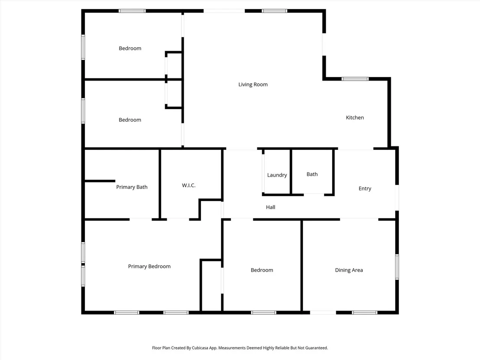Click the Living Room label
pyautogui.click(x=253, y=84)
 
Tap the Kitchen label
pyautogui.click(x=355, y=117)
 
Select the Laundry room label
pyautogui.click(x=277, y=175)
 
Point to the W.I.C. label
pyautogui.click(x=188, y=185)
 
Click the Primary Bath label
pyautogui.click(x=132, y=187)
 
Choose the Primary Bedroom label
pyautogui.click(x=149, y=266)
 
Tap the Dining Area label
pyautogui.click(x=349, y=270)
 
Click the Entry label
pyautogui.click(x=365, y=188)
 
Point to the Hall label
pyautogui.click(x=270, y=207)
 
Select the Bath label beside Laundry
pyautogui.click(x=312, y=174)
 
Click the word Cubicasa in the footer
pyautogui.click(x=200, y=348)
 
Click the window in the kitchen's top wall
pyautogui.click(x=355, y=79)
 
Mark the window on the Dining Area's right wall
pyautogui.click(x=397, y=267)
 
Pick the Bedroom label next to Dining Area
pyautogui.click(x=262, y=270)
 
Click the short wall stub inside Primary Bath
pyautogui.click(x=100, y=181)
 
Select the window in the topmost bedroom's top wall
pyautogui.click(x=132, y=11)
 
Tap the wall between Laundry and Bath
pyautogui.click(x=291, y=172)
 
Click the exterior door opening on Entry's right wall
pyautogui.click(x=397, y=198)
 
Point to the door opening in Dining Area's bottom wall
pyautogui.click(x=323, y=312)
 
